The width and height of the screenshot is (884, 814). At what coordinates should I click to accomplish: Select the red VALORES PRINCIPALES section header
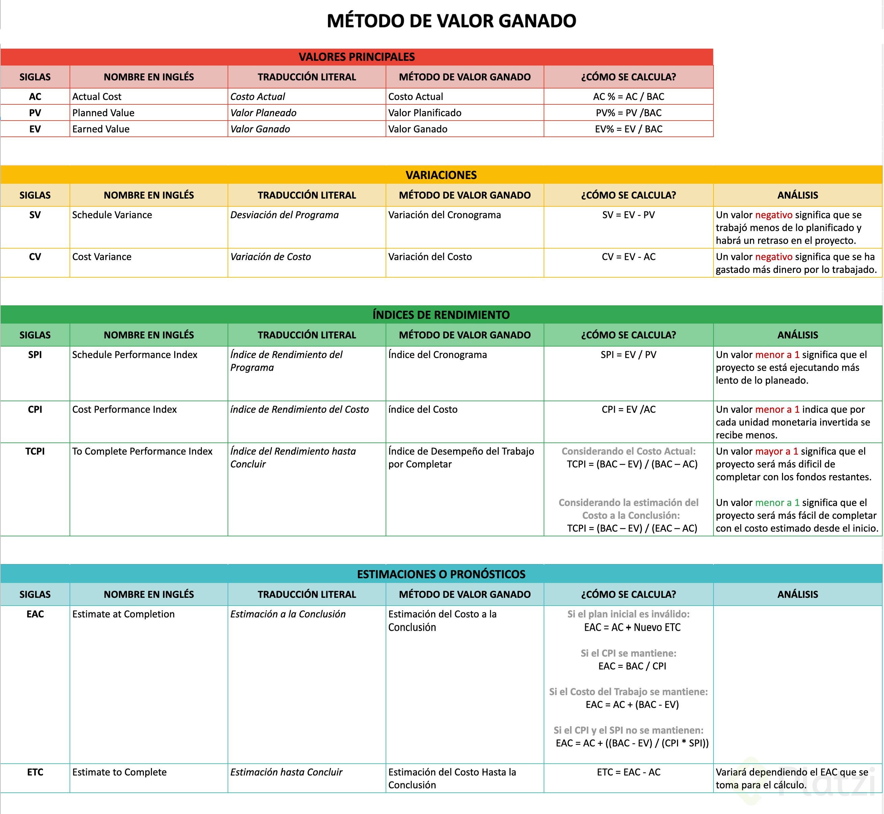(357, 57)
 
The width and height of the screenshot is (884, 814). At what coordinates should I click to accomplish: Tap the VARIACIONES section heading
(441, 175)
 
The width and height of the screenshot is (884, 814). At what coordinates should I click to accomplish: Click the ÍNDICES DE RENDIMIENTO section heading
(441, 314)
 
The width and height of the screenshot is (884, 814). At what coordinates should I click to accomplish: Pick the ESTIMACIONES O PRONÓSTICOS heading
(441, 574)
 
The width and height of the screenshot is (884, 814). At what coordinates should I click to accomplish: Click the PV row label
(35, 113)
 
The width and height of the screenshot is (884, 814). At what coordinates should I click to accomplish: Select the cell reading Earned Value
(101, 129)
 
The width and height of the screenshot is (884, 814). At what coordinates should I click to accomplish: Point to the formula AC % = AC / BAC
(628, 97)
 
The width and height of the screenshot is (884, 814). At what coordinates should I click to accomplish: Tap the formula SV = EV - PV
(628, 215)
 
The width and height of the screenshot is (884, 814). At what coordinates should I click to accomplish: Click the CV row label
(35, 257)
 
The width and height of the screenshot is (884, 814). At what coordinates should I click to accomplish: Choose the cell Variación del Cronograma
(444, 215)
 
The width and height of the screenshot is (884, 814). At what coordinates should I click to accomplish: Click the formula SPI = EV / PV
(628, 355)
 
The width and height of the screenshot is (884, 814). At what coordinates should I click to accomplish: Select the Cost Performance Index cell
(124, 409)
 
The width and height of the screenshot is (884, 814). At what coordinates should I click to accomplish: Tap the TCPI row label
(35, 451)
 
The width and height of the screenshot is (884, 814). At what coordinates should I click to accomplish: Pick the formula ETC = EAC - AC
(628, 772)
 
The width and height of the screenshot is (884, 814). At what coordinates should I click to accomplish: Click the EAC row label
(35, 614)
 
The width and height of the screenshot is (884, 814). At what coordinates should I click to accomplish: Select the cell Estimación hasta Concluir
(286, 772)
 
